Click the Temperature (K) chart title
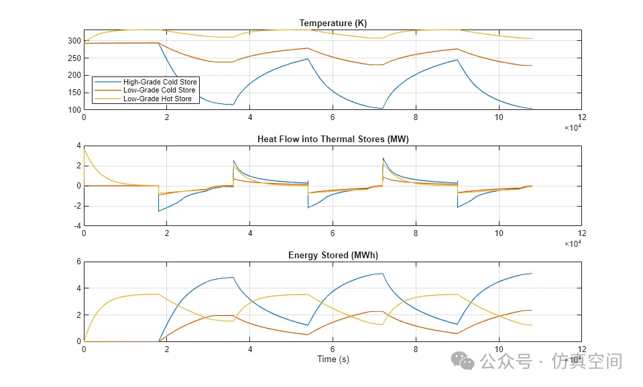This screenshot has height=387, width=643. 333,23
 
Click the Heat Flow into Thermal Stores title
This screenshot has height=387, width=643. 333,140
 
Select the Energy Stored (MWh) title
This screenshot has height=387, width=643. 333,255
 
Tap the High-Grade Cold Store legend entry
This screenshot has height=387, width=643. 160,82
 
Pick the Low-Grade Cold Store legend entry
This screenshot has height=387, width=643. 159,90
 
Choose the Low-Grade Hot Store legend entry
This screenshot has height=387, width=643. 157,99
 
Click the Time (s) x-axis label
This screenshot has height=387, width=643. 333,359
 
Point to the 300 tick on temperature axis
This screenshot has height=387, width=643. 74,41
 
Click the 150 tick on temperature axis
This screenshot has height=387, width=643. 74,93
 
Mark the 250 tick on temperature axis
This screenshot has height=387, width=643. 74,58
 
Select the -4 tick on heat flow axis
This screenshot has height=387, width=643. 77,226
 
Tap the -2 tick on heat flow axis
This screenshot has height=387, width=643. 77,206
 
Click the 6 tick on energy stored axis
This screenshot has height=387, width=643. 78,262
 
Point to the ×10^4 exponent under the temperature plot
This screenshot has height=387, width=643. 573,127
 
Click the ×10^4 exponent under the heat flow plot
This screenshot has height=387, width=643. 573,243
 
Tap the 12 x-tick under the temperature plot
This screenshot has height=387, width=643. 581,117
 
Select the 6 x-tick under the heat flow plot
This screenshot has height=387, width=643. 333,233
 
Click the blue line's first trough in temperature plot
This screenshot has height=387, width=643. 233,105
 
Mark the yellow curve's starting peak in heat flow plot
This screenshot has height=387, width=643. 84,150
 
